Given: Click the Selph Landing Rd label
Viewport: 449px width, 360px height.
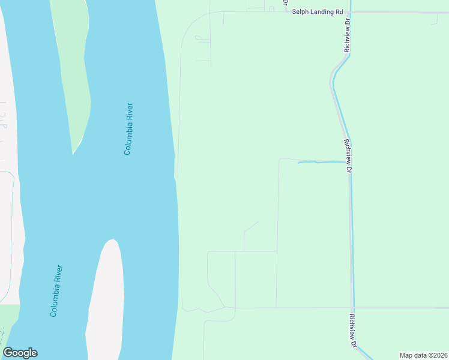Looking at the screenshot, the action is click(x=317, y=11).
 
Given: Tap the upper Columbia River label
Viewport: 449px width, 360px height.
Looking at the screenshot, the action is click(x=128, y=129).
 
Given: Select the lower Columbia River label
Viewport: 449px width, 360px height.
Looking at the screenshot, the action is click(x=57, y=291).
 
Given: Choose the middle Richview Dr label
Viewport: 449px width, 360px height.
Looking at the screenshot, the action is click(x=348, y=156).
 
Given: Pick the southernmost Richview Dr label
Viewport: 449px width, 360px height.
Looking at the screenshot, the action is click(x=354, y=331).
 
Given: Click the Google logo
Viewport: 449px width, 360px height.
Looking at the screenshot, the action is click(x=20, y=353).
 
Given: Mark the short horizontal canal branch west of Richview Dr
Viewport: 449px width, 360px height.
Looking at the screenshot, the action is click(x=321, y=162).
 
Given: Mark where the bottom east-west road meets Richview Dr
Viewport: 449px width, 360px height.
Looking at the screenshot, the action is click(x=353, y=307).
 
